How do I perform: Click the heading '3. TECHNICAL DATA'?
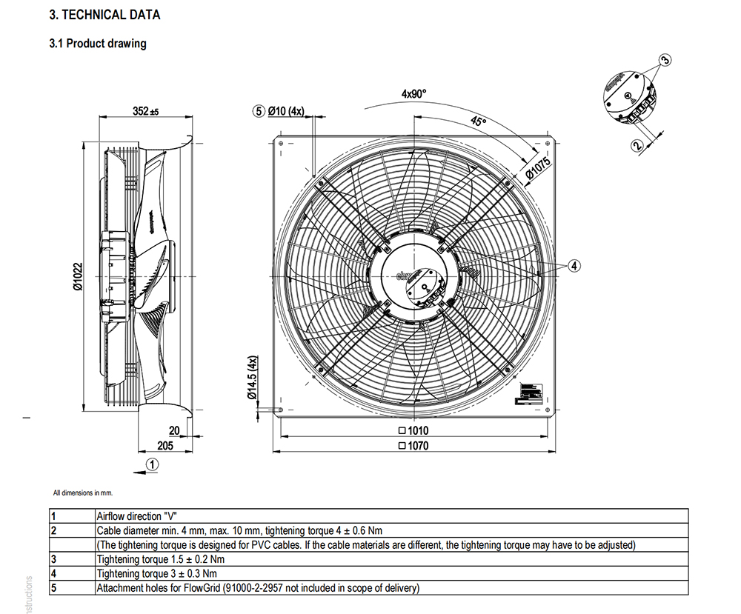(104, 15)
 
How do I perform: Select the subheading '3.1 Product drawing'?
(97, 44)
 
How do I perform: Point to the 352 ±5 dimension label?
(146, 111)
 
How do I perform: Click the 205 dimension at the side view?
(165, 445)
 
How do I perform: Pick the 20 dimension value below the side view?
(174, 430)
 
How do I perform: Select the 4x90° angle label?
(414, 94)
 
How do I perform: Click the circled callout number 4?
(575, 264)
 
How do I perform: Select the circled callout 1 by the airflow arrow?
(152, 464)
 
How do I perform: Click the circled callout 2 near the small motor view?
(637, 145)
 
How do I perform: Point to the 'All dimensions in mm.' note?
(83, 493)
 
